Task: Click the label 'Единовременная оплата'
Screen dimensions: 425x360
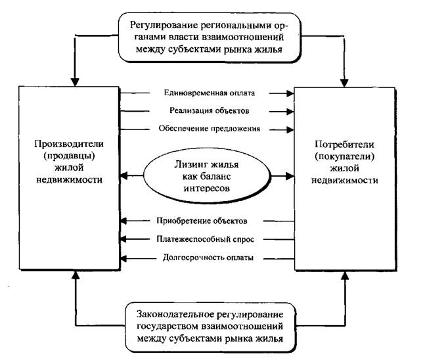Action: coord(210,93)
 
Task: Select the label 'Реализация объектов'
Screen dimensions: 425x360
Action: coord(210,110)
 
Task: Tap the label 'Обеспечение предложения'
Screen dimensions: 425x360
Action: coord(210,129)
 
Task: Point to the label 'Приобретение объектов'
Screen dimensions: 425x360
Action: coord(202,221)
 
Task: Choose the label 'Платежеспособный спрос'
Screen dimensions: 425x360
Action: coord(206,239)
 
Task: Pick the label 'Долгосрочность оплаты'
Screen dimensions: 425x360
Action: coord(208,258)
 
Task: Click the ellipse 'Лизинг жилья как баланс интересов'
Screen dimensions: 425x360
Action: coord(207,176)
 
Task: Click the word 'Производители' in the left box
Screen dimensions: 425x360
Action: coord(69,144)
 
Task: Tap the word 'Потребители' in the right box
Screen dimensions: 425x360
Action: coord(344,145)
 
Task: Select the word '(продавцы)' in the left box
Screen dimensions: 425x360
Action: coord(69,156)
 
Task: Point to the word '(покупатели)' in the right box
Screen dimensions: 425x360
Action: coord(344,156)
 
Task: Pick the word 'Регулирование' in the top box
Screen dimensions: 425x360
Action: coord(164,26)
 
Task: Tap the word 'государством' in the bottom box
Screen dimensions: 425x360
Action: coord(168,326)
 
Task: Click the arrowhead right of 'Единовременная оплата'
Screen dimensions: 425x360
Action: coord(290,93)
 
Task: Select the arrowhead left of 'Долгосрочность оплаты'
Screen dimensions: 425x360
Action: coord(123,259)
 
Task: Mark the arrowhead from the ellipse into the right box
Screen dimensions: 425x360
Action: coord(290,176)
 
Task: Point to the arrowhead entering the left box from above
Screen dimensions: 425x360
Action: coord(74,82)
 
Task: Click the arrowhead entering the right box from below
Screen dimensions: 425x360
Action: coord(345,275)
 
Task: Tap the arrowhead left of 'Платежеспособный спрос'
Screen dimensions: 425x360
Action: coord(123,239)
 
